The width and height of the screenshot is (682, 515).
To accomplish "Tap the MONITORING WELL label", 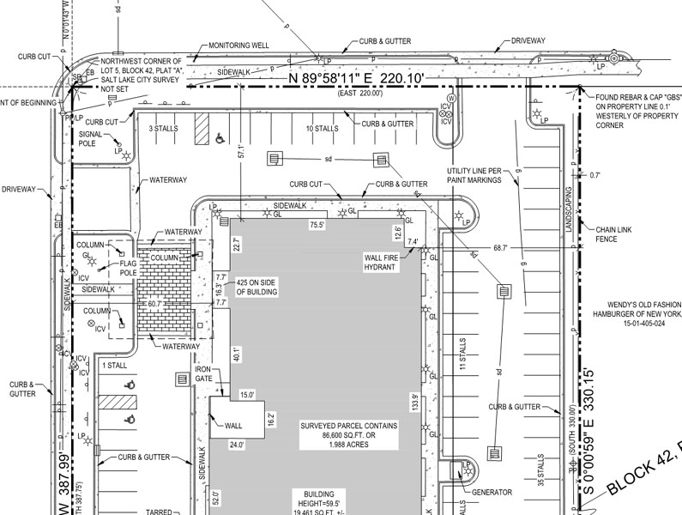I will (240, 46).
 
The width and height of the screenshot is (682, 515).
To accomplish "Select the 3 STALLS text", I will (163, 129).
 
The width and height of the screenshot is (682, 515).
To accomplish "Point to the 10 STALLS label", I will (323, 129).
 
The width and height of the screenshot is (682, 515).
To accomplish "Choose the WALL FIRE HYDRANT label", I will (379, 262).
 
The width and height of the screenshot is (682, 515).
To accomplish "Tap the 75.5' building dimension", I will (317, 226).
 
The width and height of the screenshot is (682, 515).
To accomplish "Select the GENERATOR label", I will (492, 493).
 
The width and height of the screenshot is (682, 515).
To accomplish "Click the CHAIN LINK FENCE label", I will (613, 234).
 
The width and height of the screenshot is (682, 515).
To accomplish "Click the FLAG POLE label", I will (129, 268).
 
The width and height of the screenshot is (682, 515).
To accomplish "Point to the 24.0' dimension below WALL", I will (236, 445).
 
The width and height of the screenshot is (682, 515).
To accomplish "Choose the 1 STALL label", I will (114, 366).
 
